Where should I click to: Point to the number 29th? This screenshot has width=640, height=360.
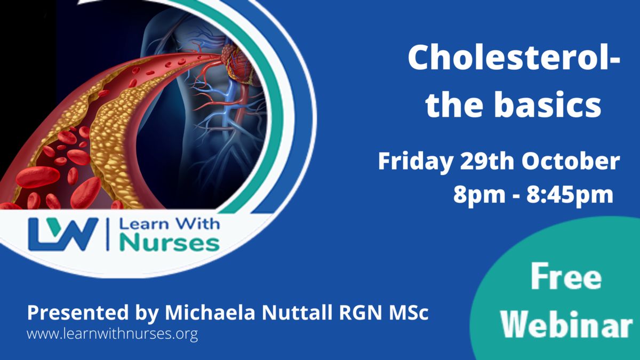pyautogui.click(x=487, y=162)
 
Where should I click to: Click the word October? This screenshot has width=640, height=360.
pyautogui.click(x=571, y=162)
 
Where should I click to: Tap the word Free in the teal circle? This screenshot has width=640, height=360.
pyautogui.click(x=566, y=277)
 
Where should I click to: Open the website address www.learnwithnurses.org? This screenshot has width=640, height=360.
pyautogui.click(x=113, y=334)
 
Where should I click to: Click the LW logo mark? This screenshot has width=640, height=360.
pyautogui.click(x=63, y=234)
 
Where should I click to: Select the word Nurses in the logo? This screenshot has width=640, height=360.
pyautogui.click(x=170, y=243)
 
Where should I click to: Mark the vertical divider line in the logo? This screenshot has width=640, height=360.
pyautogui.click(x=108, y=234)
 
